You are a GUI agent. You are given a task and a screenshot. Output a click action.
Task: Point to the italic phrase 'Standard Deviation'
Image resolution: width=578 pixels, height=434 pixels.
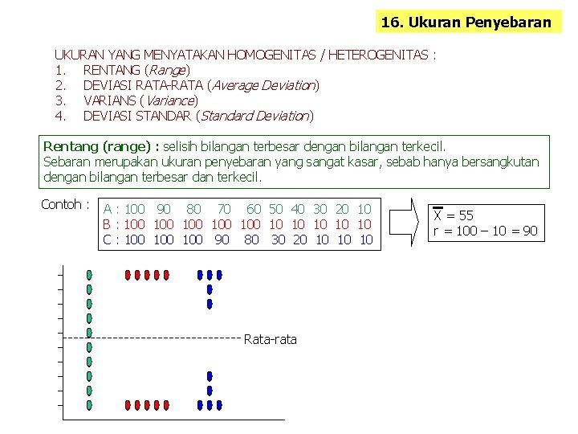[254, 116]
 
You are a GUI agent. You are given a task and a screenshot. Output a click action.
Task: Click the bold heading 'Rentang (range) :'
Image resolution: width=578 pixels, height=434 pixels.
[101, 146]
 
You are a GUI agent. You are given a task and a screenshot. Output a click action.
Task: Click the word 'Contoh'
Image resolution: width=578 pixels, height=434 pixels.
[60, 204]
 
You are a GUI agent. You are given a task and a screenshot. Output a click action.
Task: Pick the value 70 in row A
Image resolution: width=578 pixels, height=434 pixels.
[224, 209]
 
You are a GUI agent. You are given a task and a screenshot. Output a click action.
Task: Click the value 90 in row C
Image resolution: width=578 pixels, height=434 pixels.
[222, 240]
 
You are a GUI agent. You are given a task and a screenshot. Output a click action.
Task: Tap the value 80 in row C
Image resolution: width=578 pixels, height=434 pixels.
[251, 240]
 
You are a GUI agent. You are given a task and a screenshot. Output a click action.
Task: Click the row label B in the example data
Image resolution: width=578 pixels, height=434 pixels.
[106, 224]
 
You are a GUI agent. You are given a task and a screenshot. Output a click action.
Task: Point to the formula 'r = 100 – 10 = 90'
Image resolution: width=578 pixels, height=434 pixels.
[485, 231]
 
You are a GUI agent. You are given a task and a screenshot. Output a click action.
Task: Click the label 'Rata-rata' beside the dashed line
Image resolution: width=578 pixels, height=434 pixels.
[270, 339]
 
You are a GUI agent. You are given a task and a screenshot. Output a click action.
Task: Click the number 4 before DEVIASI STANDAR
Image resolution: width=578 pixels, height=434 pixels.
[59, 116]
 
